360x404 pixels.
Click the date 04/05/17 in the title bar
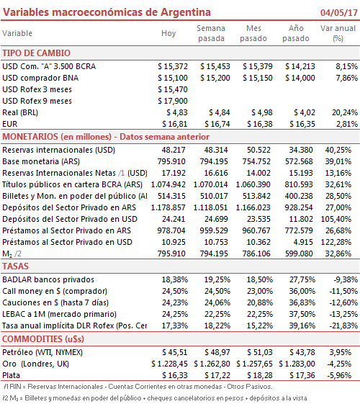click(x=338, y=12)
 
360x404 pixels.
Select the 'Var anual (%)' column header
click(x=338, y=33)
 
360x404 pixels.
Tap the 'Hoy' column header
click(x=168, y=33)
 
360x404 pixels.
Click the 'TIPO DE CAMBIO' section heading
click(x=36, y=53)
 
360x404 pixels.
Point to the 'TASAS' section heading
click(x=15, y=266)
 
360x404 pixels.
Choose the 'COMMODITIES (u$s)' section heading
click(x=43, y=338)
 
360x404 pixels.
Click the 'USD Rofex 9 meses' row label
click(x=37, y=101)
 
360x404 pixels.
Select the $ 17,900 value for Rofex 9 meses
click(x=173, y=101)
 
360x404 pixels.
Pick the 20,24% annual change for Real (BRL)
click(x=345, y=112)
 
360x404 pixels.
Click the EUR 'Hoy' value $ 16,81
click(x=174, y=124)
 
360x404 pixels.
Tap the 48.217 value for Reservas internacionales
click(x=174, y=150)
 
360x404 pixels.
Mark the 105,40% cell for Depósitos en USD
click(x=336, y=219)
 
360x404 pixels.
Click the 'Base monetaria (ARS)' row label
click(x=41, y=161)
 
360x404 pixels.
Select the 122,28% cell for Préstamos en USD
click(x=336, y=242)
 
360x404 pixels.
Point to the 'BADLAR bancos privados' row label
click(x=48, y=279)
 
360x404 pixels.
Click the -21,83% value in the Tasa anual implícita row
click(x=343, y=326)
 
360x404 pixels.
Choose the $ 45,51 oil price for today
click(x=174, y=352)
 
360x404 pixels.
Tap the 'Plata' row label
click(x=11, y=375)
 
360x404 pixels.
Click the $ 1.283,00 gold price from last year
click(x=297, y=364)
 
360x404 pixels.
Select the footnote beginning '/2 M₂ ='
click(x=155, y=398)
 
